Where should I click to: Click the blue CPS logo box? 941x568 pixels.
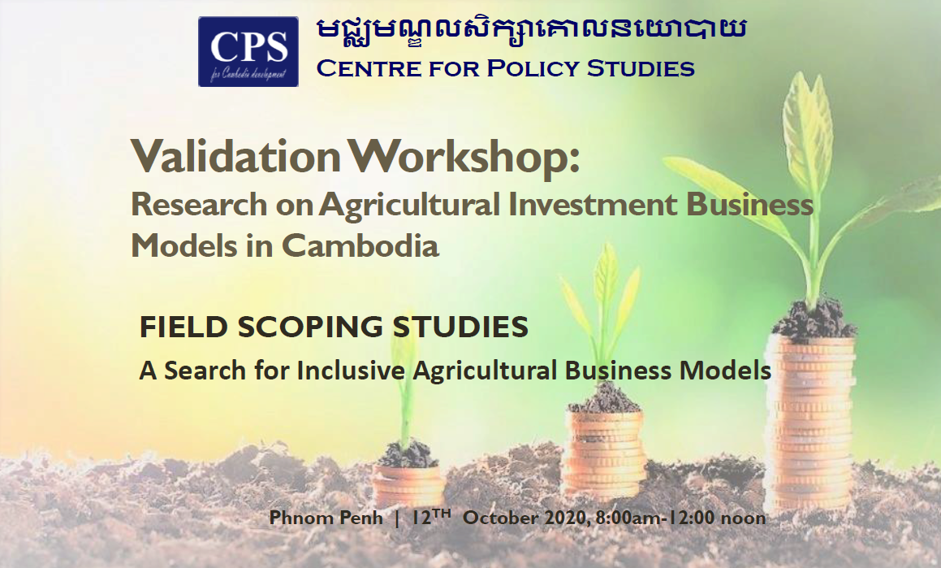click(248, 52)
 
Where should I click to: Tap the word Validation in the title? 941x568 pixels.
click(235, 156)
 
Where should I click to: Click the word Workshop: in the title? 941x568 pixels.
click(465, 158)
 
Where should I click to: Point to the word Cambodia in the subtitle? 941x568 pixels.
click(360, 245)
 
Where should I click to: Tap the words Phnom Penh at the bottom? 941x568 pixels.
click(326, 518)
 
